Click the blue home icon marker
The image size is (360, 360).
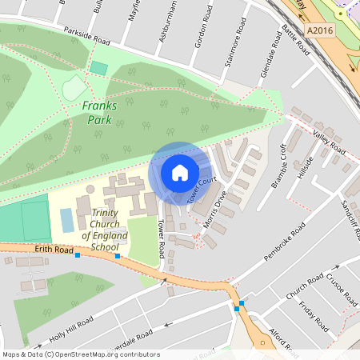coord(180,173)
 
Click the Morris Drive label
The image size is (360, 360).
coord(216,210)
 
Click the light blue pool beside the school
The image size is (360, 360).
coord(66,220)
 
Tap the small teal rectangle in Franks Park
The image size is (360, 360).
coord(98,68)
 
